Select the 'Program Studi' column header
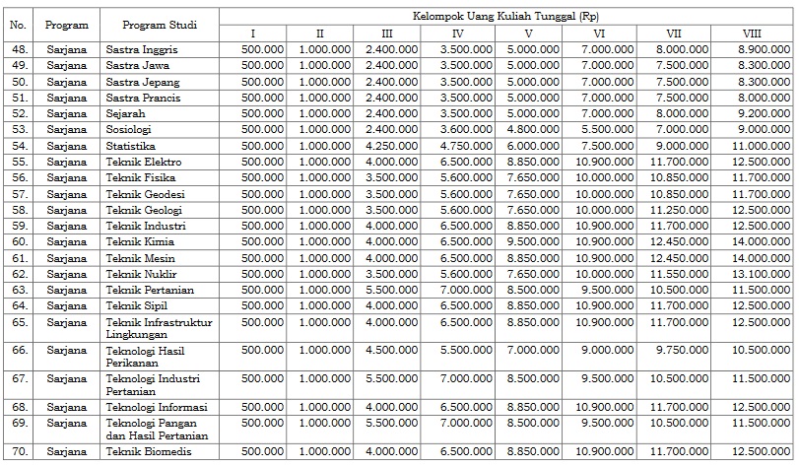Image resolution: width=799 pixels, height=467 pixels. click(x=158, y=24)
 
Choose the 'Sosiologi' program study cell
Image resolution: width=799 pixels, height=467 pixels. click(x=131, y=129)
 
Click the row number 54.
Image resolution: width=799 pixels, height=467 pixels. click(x=19, y=145)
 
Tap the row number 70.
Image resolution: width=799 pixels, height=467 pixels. click(x=19, y=451)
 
